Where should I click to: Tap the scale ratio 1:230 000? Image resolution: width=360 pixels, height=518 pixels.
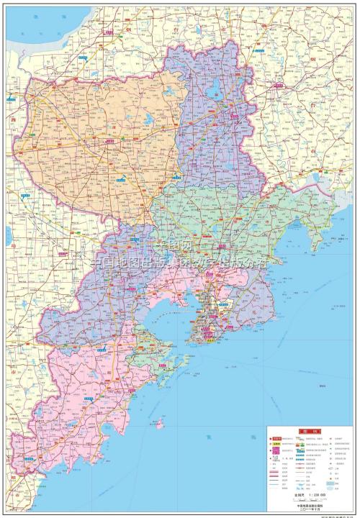(311, 494)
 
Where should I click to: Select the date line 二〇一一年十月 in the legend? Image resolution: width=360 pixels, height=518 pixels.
(311, 509)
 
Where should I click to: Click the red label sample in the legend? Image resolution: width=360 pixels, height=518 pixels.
(276, 439)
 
